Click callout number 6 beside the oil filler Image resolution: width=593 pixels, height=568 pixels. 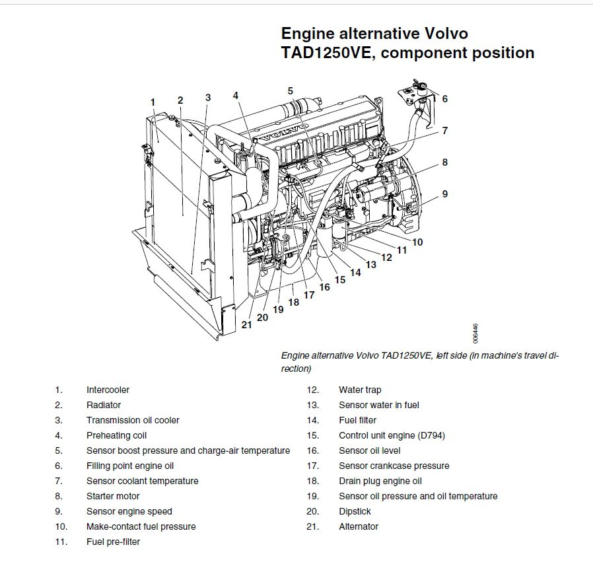444,99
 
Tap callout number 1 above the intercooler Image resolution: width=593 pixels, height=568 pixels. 153,102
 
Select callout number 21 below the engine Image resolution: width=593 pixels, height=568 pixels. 246,324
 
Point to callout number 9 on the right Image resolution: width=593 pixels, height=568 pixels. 444,194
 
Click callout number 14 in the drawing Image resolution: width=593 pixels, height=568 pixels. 355,271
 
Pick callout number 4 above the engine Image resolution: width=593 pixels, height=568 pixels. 236,95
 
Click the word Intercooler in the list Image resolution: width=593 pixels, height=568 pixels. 108,390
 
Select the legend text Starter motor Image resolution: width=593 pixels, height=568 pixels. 113,496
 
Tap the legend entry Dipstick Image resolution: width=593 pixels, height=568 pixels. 355,511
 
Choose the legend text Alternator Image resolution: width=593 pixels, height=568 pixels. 359,526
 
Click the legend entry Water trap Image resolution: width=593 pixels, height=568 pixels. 360,390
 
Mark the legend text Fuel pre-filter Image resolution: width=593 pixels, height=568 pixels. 113,542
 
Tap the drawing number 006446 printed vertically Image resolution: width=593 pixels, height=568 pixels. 475,332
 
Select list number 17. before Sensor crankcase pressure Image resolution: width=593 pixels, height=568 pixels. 312,466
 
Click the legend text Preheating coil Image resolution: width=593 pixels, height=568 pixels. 116,435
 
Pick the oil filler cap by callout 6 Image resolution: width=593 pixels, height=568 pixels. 417,87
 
